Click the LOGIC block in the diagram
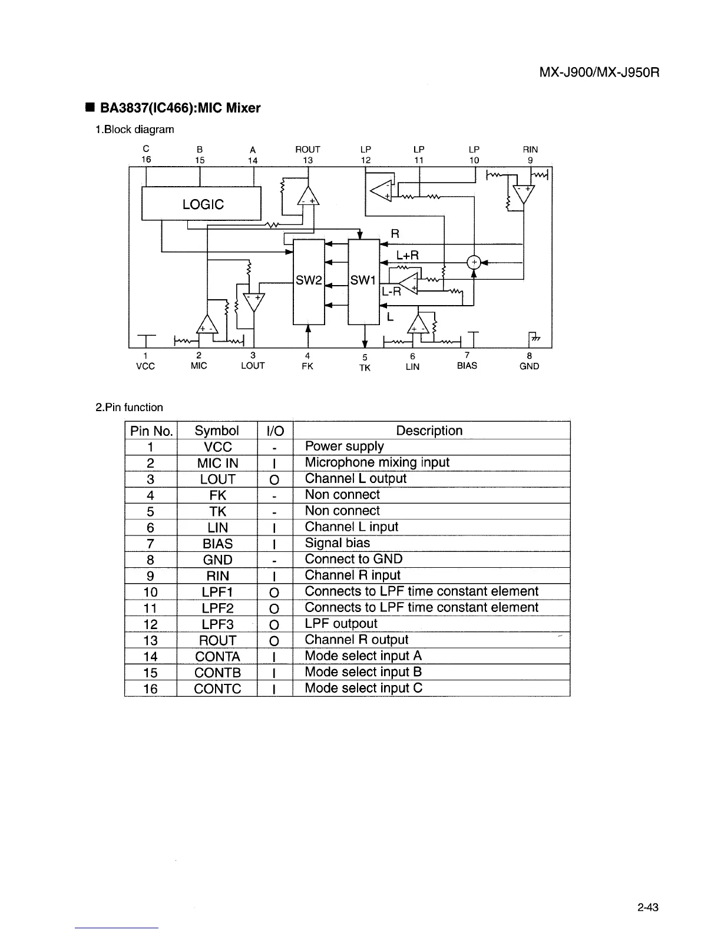[201, 204]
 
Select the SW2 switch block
[308, 281]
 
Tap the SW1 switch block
[363, 281]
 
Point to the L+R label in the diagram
[407, 255]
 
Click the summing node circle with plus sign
[474, 263]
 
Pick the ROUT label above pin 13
[307, 150]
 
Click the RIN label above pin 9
[530, 150]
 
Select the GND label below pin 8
[529, 366]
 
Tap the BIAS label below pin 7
[467, 366]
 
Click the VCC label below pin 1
[145, 366]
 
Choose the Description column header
[429, 431]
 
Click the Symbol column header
[217, 431]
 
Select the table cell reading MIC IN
[217, 463]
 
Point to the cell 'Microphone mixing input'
[377, 462]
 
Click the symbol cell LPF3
[217, 624]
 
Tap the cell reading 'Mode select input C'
[363, 688]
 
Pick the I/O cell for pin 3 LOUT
[274, 479]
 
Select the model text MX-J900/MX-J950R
[598, 73]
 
